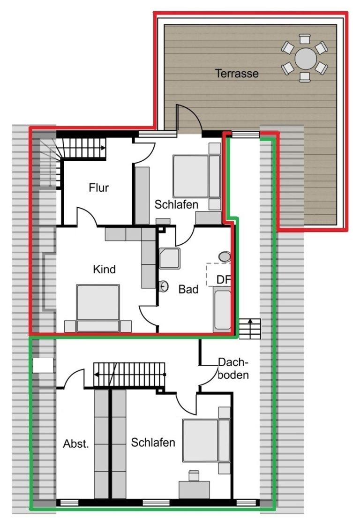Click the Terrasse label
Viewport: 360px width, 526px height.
coord(237,73)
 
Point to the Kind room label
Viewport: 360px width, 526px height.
coord(105,269)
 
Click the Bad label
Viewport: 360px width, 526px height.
coord(188,289)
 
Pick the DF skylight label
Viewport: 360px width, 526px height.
coord(223,279)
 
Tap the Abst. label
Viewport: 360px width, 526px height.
coord(76,444)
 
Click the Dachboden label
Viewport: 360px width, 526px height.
coord(233,368)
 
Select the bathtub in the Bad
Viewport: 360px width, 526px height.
coord(222,310)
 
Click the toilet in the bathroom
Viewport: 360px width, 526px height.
coord(225,257)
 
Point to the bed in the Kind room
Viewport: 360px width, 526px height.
coord(98,308)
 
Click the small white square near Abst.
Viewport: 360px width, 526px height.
coord(43,365)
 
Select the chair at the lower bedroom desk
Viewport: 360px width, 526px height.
coord(194,476)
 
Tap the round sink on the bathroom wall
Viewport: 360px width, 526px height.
coord(164,286)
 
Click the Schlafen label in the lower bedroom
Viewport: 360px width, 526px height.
coord(153,443)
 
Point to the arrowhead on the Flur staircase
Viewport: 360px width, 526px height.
coord(103,148)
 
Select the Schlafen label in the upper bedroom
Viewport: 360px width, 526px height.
coord(176,204)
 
